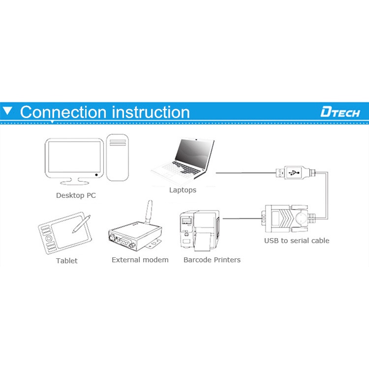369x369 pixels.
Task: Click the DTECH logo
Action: point(340,112)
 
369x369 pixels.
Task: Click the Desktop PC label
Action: point(76,195)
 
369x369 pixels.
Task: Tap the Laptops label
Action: point(183,190)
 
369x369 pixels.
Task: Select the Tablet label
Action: point(66,260)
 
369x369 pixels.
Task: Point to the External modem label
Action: point(140,260)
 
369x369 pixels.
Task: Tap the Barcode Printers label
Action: point(212,260)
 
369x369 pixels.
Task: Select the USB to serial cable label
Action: point(297,241)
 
